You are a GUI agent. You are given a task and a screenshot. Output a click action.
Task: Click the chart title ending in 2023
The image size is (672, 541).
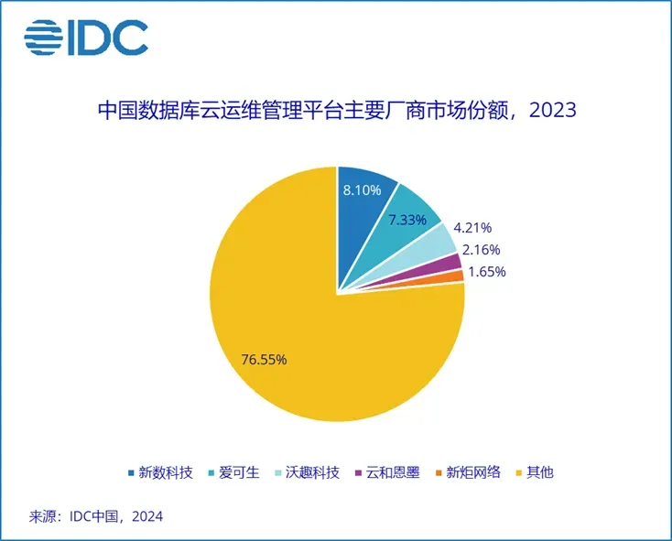336,111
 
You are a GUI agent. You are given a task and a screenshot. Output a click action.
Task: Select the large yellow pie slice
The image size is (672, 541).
311,330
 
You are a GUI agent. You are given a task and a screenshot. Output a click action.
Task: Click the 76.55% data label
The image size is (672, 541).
264,359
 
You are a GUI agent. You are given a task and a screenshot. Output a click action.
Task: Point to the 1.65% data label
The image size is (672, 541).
486,272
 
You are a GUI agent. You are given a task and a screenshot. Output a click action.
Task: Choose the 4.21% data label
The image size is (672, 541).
473,228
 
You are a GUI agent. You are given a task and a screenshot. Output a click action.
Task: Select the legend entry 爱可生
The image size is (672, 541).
239,472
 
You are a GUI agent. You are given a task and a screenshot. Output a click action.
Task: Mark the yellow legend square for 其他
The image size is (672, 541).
519,472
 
